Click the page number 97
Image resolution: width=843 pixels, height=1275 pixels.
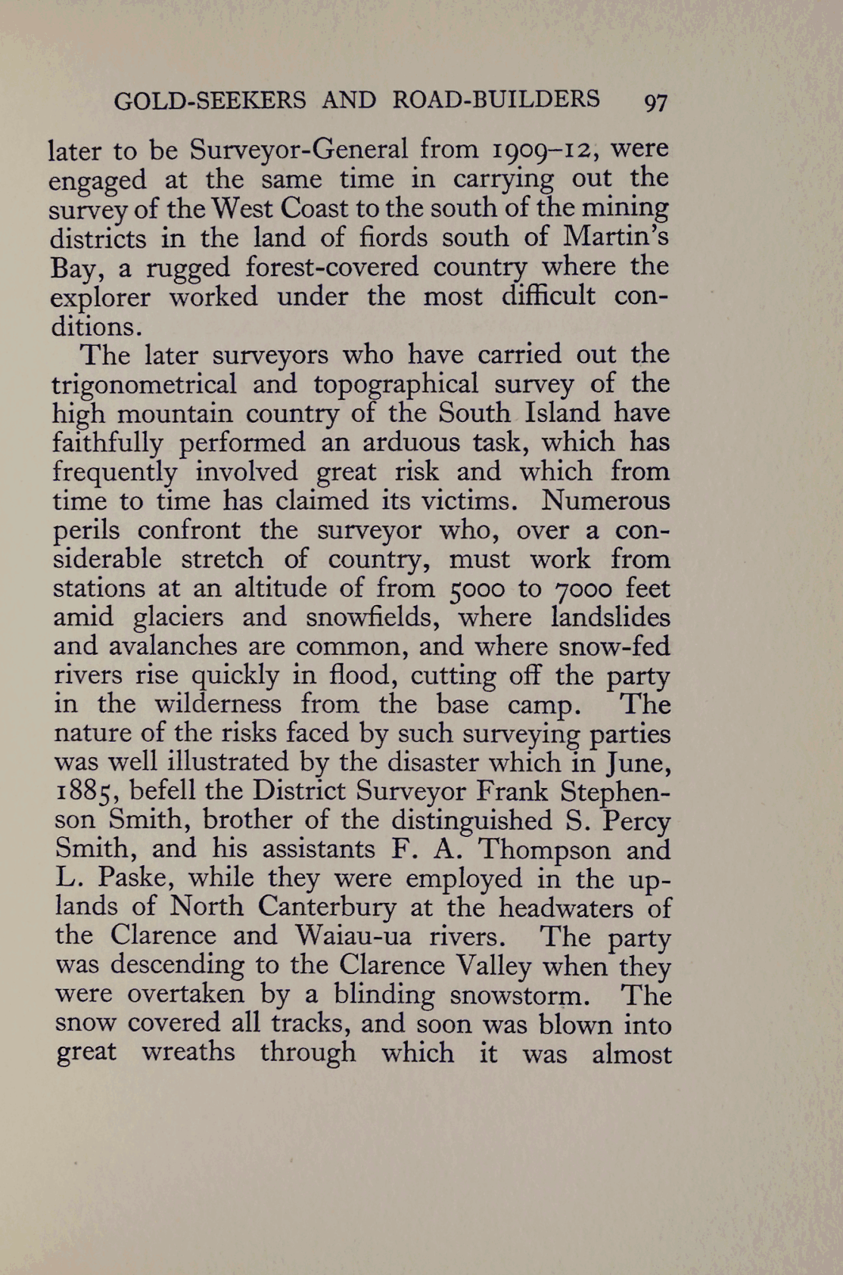[x=655, y=102]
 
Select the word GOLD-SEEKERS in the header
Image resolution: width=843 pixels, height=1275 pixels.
[x=210, y=101]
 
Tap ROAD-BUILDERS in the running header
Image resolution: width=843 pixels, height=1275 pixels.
[x=496, y=100]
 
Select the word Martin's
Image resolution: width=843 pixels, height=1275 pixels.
[x=615, y=237]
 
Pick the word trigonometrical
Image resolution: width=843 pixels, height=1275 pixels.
[x=144, y=384]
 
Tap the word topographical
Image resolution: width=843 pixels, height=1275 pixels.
[x=396, y=384]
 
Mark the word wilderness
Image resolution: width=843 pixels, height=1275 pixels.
[x=218, y=705]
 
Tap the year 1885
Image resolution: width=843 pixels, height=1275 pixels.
[x=84, y=792]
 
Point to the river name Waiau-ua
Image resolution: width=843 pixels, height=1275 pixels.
[x=353, y=936]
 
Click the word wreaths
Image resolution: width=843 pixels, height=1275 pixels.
[x=188, y=1053]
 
